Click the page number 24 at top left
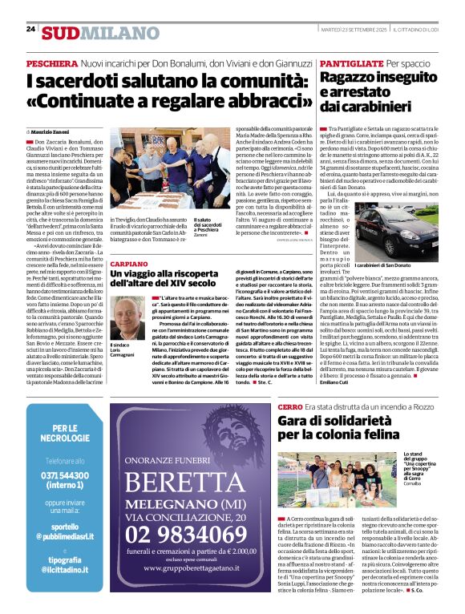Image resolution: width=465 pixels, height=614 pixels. pyautogui.click(x=30, y=29)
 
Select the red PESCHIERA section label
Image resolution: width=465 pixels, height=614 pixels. pyautogui.click(x=51, y=63)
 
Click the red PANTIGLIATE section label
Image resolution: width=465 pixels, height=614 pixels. pyautogui.click(x=350, y=63)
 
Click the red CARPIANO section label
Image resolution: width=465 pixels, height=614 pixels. pyautogui.click(x=129, y=263)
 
